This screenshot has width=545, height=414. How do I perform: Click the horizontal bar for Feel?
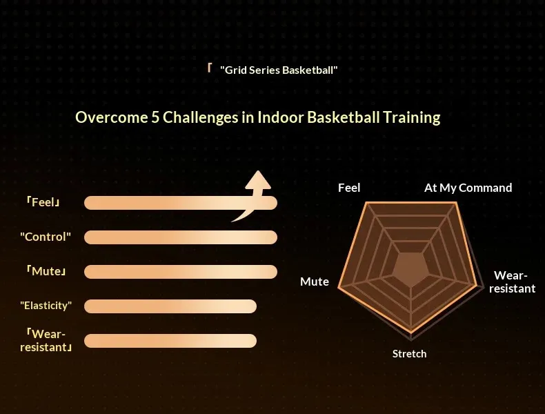(181, 203)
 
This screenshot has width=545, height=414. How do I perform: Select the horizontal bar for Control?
(181, 237)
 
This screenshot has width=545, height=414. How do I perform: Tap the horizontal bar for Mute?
(181, 272)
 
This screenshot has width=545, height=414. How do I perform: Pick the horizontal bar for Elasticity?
(170, 306)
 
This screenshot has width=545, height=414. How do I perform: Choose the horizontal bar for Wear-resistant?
(170, 341)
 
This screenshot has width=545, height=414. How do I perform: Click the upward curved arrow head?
(258, 180)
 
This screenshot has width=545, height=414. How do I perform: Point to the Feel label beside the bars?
(43, 202)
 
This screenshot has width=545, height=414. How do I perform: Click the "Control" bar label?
(46, 237)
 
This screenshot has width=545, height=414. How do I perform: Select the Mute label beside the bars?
(46, 271)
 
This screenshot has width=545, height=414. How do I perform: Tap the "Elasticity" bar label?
(46, 306)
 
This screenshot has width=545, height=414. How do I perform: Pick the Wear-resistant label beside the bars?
(46, 341)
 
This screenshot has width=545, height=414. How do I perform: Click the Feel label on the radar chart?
(349, 188)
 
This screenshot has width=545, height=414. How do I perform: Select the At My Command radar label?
(468, 188)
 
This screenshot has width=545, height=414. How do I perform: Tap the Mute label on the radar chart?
(315, 282)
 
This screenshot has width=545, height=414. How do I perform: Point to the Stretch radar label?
(410, 354)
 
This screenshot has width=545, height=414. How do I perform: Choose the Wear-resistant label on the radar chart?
(512, 282)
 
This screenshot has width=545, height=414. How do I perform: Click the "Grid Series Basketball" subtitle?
(279, 70)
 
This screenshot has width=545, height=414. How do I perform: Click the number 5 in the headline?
(155, 117)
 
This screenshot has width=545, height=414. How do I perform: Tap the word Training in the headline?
(412, 117)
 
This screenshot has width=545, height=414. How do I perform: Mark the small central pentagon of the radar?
(411, 269)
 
